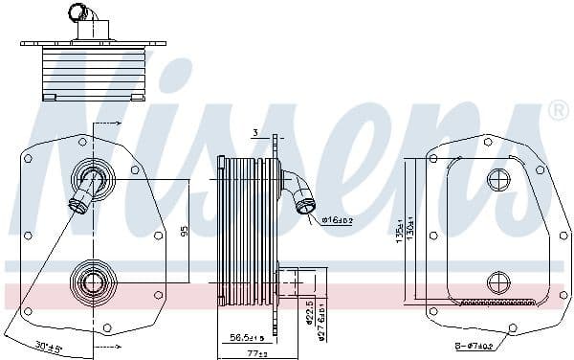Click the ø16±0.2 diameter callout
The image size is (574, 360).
click(338, 220)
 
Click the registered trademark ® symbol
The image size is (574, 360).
click(558, 113)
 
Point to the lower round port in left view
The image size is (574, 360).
click(94, 281)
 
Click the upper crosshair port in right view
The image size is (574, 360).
click(499, 179)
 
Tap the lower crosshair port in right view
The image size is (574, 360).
click(499, 281)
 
